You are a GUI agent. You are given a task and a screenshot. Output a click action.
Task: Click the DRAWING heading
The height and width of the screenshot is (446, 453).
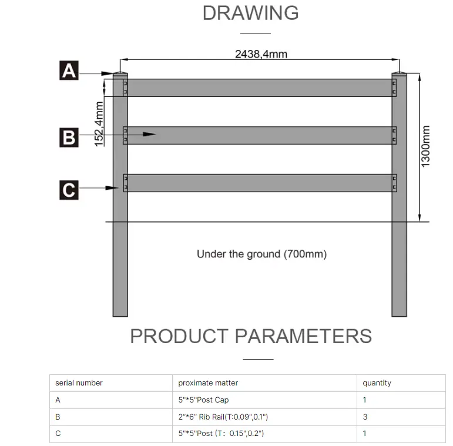tap(250, 13)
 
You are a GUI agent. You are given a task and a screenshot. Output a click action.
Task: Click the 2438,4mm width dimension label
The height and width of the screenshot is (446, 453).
tap(261, 54)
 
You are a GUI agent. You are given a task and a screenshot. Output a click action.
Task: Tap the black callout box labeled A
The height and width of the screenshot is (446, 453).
tap(69, 72)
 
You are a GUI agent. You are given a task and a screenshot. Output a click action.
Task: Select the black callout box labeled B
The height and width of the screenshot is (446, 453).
tap(69, 138)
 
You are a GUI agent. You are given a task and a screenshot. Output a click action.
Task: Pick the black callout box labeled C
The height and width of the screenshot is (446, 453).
tap(69, 190)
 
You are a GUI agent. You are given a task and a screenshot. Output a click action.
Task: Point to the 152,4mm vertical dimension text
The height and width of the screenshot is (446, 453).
tap(99, 123)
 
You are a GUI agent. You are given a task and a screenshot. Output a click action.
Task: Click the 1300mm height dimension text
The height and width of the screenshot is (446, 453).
tap(426, 146)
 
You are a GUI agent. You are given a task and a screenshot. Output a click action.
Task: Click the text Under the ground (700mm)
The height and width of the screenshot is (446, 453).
tap(261, 254)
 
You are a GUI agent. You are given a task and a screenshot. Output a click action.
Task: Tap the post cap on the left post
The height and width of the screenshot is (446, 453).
tap(120, 74)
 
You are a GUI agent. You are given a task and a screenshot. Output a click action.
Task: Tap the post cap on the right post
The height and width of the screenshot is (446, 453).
tap(399, 74)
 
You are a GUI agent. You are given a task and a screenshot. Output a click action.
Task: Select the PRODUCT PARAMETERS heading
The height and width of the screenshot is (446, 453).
tap(250, 336)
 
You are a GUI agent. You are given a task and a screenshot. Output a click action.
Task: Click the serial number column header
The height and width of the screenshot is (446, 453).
tap(79, 383)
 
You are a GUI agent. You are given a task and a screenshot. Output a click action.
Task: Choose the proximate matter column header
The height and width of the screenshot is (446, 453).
tap(208, 383)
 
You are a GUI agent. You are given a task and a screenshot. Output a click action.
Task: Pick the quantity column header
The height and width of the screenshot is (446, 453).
tap(377, 383)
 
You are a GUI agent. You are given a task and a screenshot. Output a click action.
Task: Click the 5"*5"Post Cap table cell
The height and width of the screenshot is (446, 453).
tap(203, 400)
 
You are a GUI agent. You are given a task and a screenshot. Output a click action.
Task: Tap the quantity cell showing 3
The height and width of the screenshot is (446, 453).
tap(364, 417)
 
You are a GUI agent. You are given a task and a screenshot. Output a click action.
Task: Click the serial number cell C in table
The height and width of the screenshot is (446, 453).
tap(58, 434)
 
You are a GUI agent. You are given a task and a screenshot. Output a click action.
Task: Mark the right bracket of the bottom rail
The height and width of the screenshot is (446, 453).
tap(394, 183)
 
